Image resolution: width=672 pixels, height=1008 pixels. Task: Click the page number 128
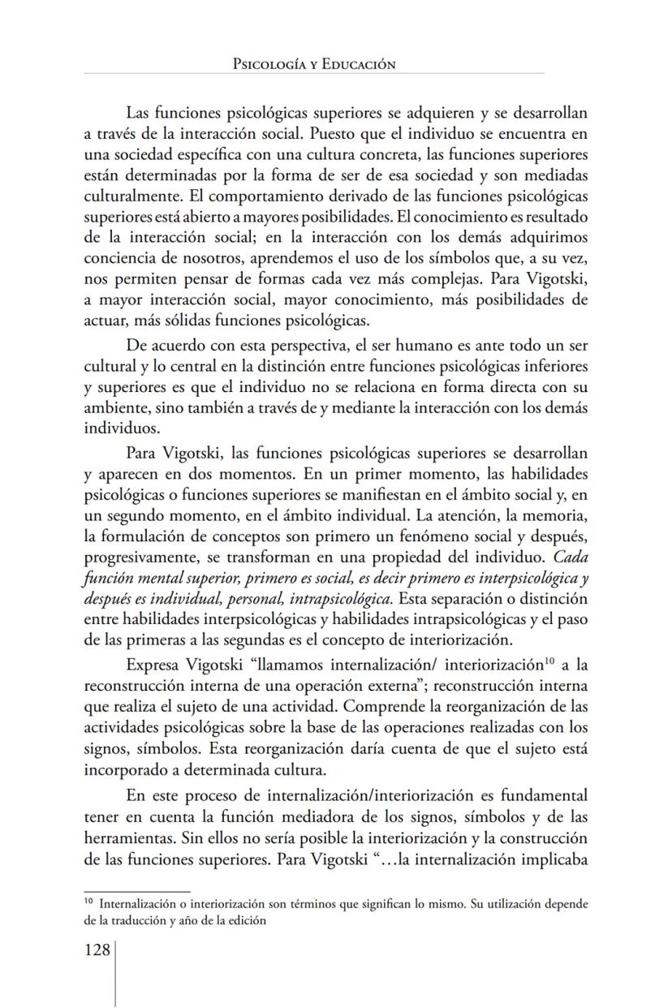[x=97, y=950]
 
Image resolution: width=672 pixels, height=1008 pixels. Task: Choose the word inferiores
[x=549, y=365]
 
